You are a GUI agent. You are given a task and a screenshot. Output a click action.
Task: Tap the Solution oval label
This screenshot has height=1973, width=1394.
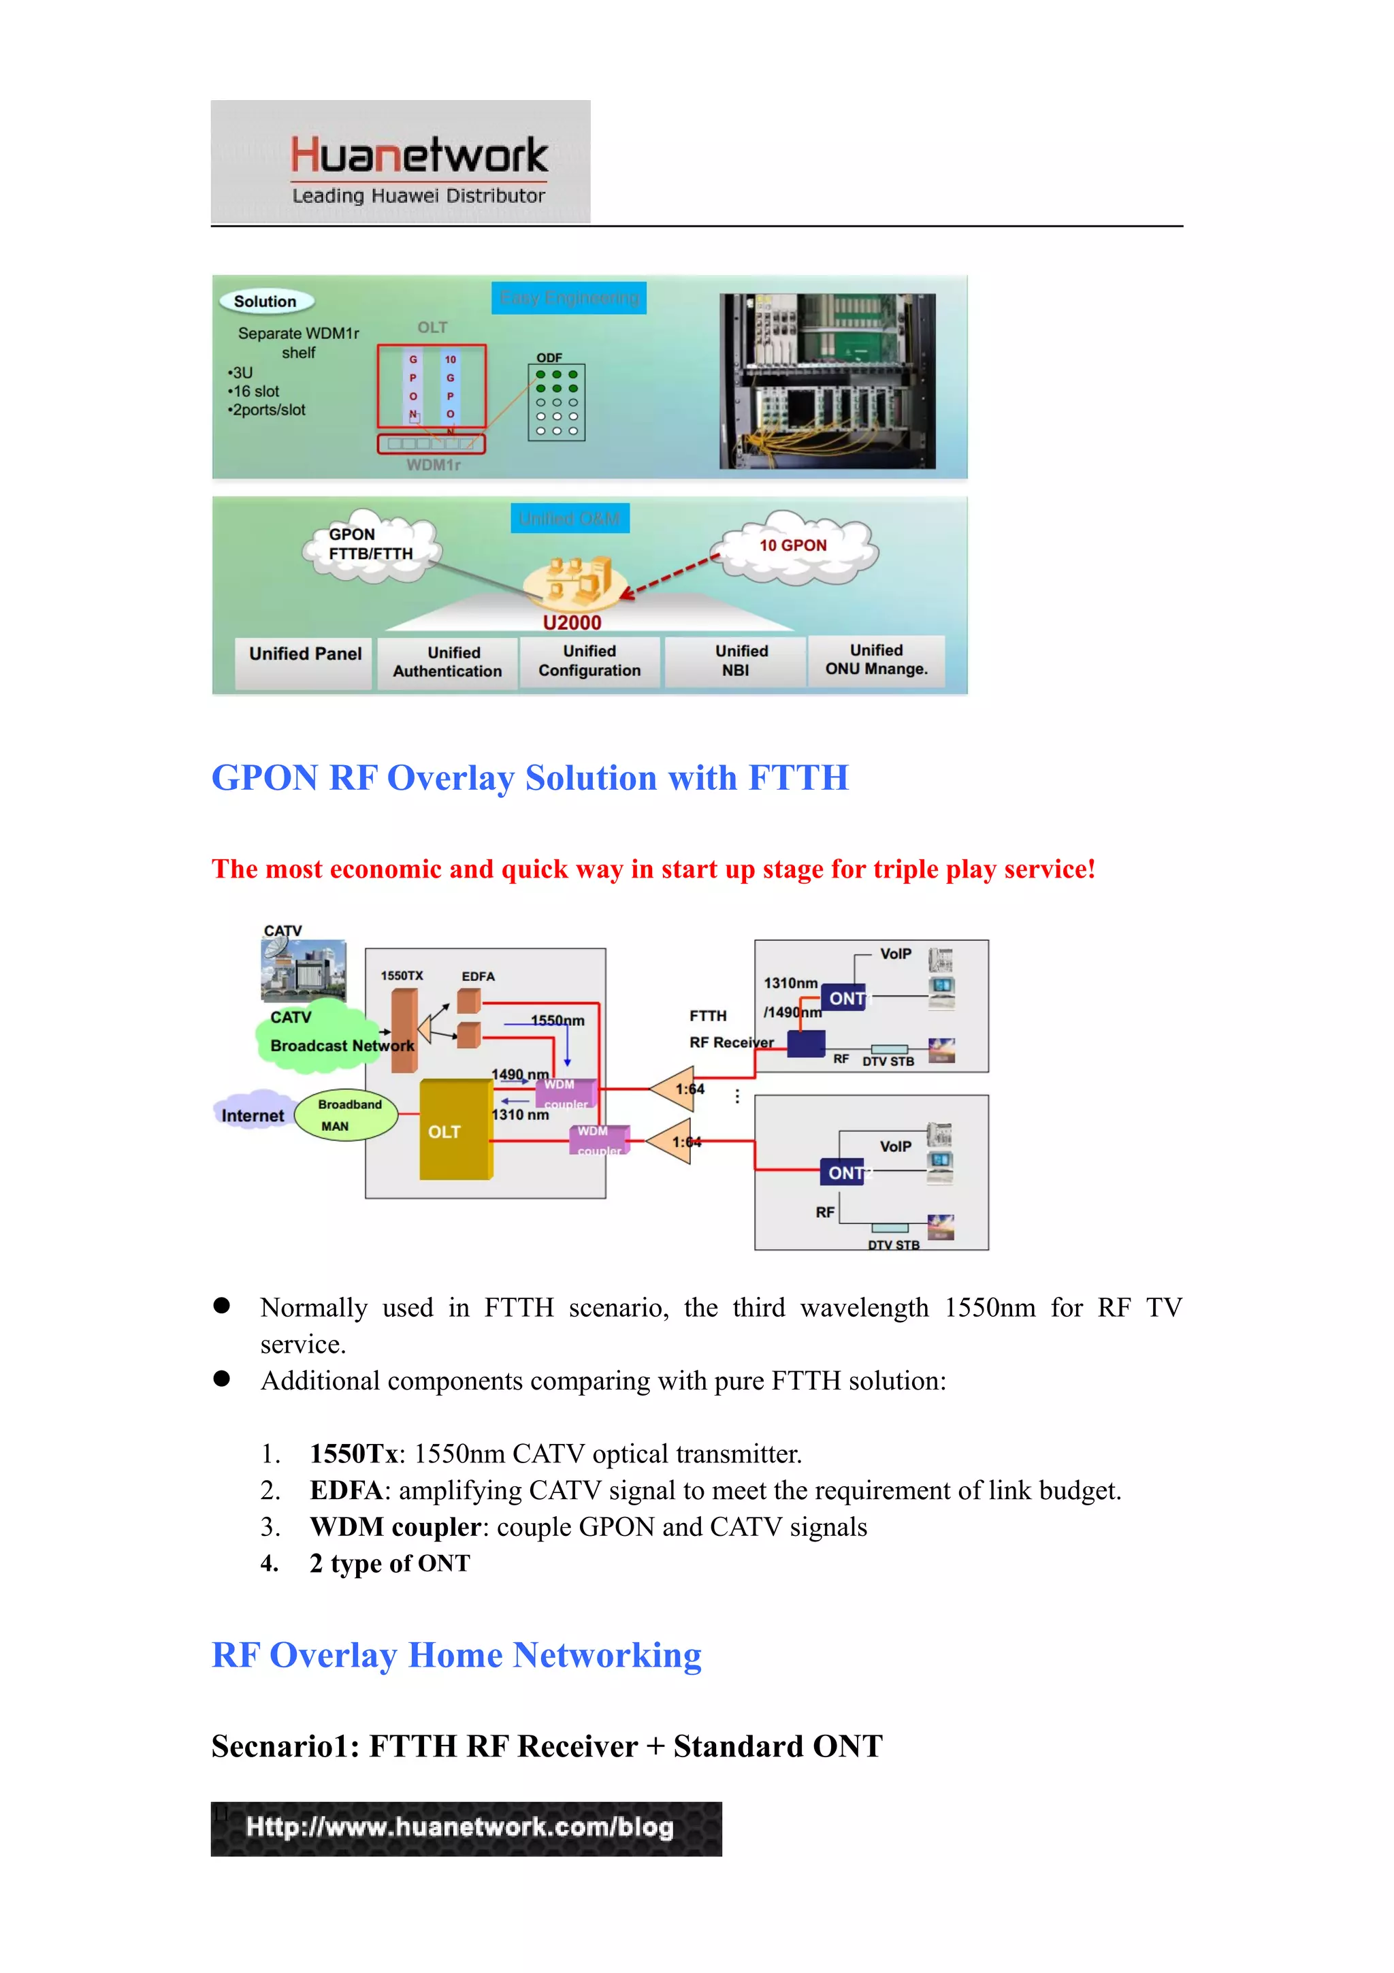[265, 302]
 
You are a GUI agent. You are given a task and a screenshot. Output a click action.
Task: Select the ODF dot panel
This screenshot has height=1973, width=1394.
[557, 402]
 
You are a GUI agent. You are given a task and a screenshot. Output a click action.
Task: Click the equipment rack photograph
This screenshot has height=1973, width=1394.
[827, 381]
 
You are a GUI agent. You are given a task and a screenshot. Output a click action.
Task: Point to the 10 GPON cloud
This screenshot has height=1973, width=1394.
[794, 547]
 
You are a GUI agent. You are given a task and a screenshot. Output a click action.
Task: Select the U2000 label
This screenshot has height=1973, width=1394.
[572, 622]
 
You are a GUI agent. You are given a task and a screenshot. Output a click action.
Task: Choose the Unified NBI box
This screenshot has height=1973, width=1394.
[736, 661]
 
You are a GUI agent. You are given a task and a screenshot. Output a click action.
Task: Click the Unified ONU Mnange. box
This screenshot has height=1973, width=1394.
[876, 660]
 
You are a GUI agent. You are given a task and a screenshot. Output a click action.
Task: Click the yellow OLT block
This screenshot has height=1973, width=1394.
[455, 1130]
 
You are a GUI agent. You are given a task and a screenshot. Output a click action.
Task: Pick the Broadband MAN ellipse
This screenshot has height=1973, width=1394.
[346, 1114]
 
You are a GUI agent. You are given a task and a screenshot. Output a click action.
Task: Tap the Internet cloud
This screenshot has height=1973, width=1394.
[252, 1113]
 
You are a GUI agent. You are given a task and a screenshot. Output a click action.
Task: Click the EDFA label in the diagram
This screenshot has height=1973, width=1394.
[478, 976]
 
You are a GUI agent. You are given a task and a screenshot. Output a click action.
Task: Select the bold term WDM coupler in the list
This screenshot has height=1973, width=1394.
[395, 1527]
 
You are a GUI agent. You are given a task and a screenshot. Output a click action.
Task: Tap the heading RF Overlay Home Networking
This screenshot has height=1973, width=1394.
[456, 1655]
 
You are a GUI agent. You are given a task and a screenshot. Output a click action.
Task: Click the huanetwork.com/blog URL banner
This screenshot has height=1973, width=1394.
[466, 1829]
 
